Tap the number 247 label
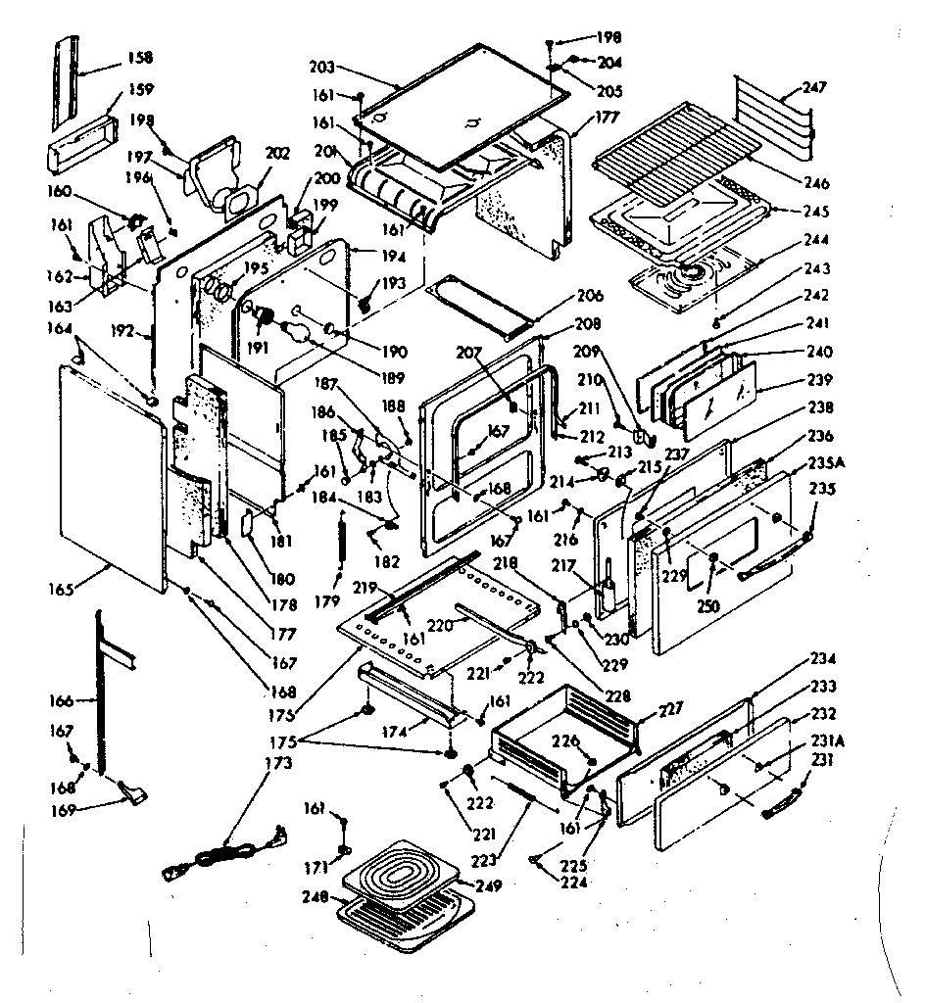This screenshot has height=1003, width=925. pos(814,88)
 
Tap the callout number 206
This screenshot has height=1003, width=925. pos(591,296)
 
